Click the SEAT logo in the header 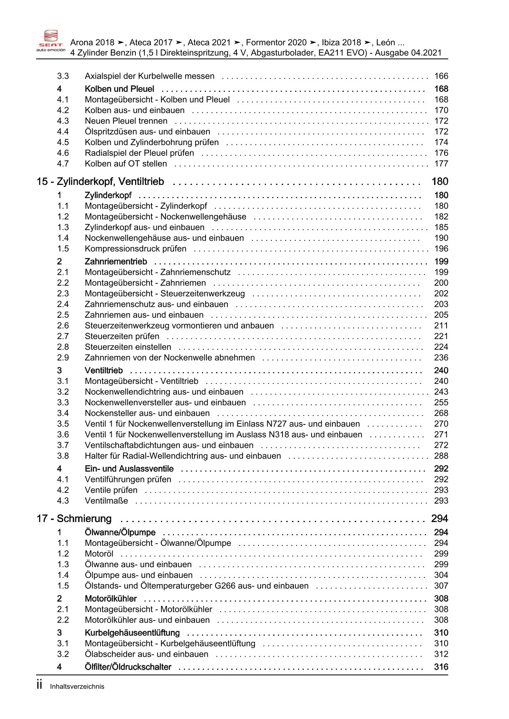(x=51, y=39)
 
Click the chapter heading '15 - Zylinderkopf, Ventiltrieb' (x=100, y=182)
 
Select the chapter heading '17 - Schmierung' (x=74, y=519)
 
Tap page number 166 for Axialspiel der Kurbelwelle (x=441, y=76)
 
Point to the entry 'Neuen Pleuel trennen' (x=126, y=121)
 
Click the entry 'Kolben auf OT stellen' (x=126, y=164)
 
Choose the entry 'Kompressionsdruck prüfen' (x=135, y=249)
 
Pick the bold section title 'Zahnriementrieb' (x=116, y=262)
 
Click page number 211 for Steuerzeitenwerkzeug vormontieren (x=441, y=326)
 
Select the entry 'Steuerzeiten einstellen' (x=128, y=347)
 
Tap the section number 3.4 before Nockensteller (x=63, y=413)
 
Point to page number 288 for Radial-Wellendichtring (x=441, y=456)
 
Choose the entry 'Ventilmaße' (x=106, y=501)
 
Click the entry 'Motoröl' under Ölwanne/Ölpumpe (x=99, y=554)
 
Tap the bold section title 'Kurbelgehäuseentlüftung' (x=132, y=633)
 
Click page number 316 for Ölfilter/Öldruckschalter (x=441, y=667)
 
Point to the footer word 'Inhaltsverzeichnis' (x=77, y=687)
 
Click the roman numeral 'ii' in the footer (x=39, y=685)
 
